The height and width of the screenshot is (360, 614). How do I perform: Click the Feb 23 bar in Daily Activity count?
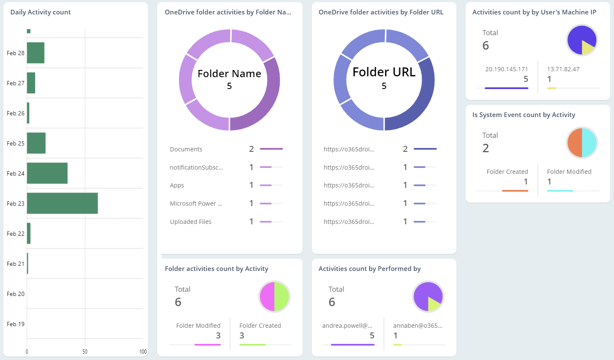[x=62, y=204]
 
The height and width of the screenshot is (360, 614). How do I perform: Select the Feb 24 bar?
[x=47, y=173]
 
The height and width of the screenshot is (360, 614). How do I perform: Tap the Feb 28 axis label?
[x=16, y=53]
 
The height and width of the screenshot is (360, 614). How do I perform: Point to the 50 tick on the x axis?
[x=85, y=352]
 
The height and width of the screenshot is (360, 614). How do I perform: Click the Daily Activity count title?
[x=41, y=12]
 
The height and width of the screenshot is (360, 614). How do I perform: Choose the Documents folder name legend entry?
[x=186, y=149]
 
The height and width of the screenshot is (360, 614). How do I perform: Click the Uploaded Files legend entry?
[x=191, y=222]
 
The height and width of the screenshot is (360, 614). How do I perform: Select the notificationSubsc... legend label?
[x=196, y=167]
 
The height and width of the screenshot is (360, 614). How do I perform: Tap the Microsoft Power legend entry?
[x=196, y=204]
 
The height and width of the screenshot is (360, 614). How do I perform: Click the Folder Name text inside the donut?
[x=229, y=74]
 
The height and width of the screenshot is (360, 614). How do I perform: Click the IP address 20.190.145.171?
[x=506, y=69]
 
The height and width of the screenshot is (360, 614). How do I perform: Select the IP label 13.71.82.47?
[x=563, y=69]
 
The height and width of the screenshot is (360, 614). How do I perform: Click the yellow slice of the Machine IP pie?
[x=588, y=47]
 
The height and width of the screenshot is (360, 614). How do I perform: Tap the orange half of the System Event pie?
[x=575, y=143]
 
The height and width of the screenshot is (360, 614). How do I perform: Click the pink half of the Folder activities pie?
[x=267, y=296]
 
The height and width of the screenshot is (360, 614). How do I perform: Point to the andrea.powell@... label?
[x=347, y=326]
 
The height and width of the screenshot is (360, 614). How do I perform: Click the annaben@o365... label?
[x=417, y=326]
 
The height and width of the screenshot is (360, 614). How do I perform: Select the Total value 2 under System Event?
[x=486, y=148]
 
